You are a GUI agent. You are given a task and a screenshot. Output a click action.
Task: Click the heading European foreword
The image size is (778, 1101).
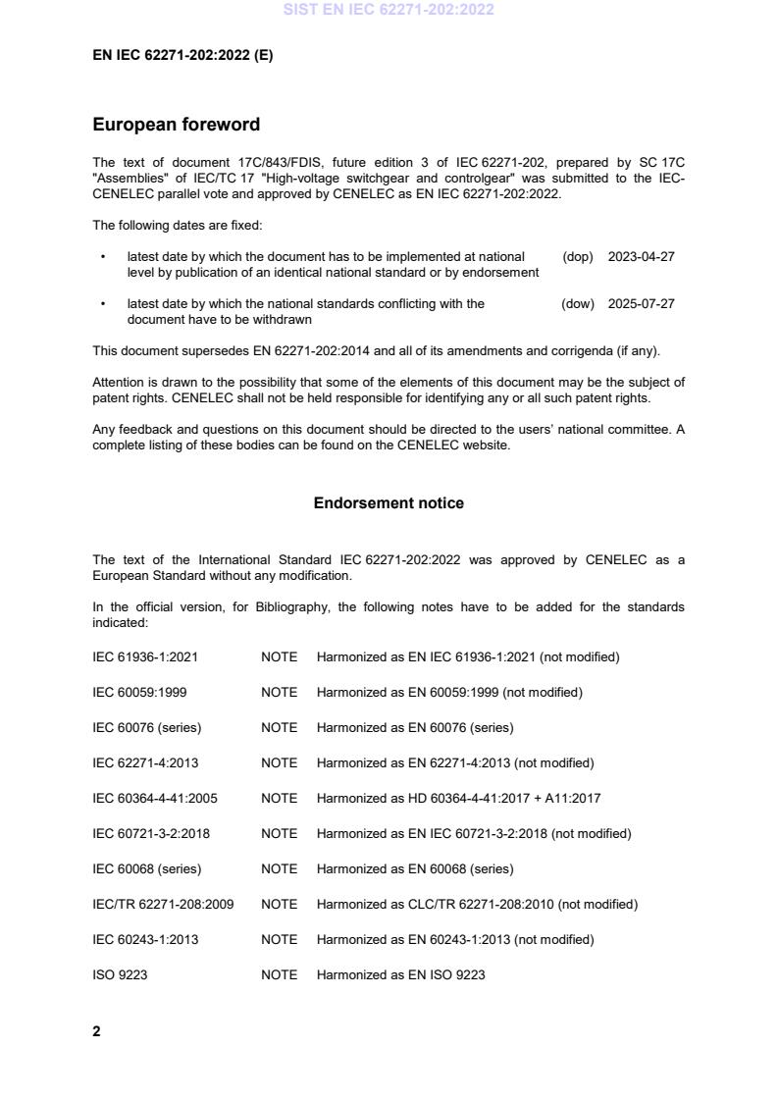coord(177,125)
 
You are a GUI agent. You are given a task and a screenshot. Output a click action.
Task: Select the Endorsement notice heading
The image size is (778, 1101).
coord(389,503)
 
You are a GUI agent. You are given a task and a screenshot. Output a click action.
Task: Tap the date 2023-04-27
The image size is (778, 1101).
coord(641,257)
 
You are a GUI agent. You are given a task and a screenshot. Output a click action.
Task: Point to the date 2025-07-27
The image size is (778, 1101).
coord(641,304)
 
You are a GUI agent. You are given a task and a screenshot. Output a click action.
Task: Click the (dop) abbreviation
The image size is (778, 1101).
coord(578,257)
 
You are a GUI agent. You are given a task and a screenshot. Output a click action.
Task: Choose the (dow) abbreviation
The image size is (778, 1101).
coord(578,304)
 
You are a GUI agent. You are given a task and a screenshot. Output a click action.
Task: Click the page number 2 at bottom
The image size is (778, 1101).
coord(96,1031)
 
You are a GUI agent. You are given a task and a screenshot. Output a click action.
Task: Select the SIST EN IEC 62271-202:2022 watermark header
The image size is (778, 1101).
coord(389,10)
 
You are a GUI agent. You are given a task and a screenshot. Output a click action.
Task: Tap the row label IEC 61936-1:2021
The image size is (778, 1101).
coord(145,657)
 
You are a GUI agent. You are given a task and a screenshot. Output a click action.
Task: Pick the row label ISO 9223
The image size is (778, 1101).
coord(120,975)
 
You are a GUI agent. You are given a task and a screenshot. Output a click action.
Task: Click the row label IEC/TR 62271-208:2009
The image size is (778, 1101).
coord(163,905)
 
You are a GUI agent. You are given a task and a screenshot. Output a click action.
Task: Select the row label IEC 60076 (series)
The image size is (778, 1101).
coord(146,728)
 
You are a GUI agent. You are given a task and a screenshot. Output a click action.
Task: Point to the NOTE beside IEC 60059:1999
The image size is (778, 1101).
coord(279,693)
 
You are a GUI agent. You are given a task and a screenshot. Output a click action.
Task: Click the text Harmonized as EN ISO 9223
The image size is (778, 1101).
coord(400,975)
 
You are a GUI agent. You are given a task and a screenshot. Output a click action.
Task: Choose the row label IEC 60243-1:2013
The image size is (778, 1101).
coord(145,940)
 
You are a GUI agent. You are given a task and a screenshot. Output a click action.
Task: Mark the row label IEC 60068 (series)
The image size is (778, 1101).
coord(146,869)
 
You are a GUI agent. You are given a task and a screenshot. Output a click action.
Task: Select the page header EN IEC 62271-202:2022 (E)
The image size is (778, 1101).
coord(182,56)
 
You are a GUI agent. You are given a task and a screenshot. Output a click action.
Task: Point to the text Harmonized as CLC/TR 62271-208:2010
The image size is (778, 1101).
coord(477,905)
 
